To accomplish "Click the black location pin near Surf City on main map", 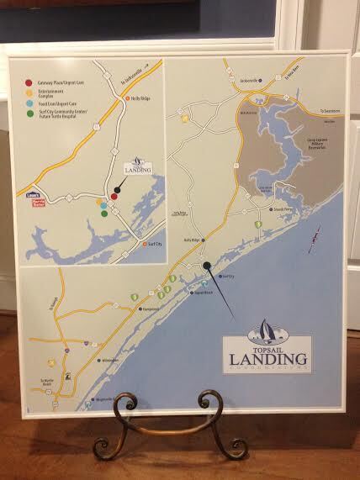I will pos(207,266).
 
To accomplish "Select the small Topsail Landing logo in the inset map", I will pos(137,170).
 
